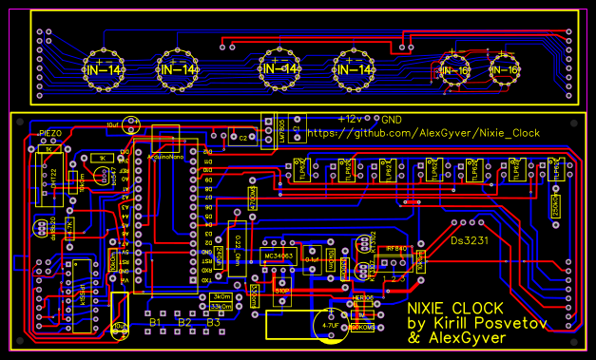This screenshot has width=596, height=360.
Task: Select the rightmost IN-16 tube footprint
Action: click(x=504, y=69)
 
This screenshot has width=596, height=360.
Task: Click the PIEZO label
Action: click(x=51, y=132)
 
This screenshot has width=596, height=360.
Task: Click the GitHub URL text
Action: click(x=423, y=134)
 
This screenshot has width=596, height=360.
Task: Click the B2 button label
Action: click(x=185, y=323)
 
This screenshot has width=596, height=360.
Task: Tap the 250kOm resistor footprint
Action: click(x=554, y=200)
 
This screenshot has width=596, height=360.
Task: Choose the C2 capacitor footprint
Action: click(x=243, y=139)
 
